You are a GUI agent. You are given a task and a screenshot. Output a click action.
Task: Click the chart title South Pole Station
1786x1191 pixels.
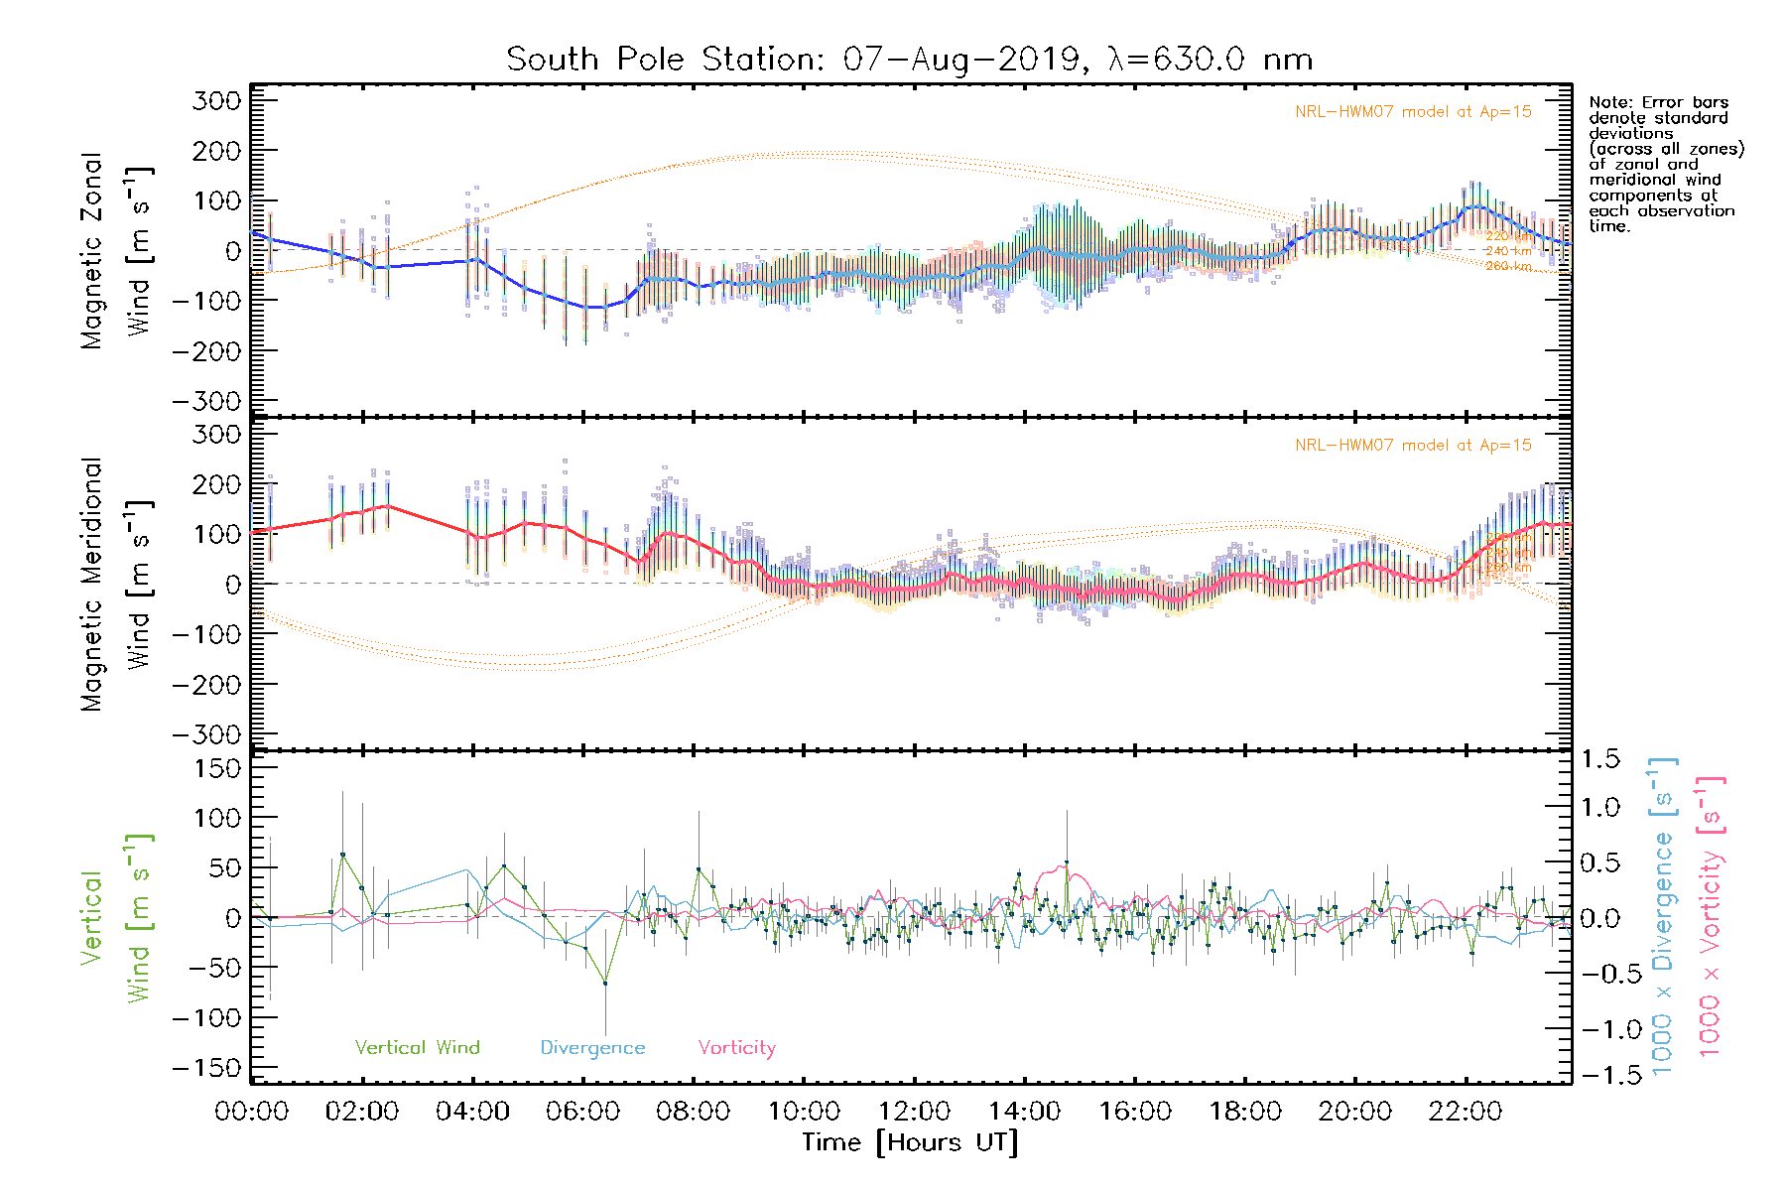point(909,60)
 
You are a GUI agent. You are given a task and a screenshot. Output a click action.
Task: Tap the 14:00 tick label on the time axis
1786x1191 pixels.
point(1024,1112)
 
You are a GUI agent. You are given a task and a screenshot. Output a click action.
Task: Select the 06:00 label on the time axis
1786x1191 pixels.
point(582,1112)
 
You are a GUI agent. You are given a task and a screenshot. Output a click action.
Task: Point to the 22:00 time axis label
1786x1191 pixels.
point(1465,1112)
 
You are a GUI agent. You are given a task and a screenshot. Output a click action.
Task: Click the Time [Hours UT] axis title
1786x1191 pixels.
point(910,1143)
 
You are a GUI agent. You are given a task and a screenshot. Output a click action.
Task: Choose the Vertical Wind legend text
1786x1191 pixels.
point(417,1048)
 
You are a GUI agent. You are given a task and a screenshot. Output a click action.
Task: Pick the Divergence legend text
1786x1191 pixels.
point(592,1048)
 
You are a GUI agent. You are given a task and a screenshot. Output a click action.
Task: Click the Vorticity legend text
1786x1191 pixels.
point(736,1048)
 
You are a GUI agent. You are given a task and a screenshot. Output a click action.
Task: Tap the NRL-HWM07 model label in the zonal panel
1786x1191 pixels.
point(1413,112)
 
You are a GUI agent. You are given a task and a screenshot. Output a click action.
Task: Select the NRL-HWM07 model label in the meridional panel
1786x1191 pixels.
point(1413,446)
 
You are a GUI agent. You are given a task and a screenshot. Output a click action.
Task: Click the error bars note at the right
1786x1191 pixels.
point(1665,164)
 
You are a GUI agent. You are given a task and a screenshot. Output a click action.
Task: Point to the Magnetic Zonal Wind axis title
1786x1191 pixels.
point(117,250)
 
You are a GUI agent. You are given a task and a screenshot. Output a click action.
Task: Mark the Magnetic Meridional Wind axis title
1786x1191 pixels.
point(117,584)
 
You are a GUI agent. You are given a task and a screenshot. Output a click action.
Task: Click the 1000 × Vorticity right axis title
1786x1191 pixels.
point(1711,917)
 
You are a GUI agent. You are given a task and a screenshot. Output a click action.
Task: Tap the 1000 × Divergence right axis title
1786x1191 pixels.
point(1663,917)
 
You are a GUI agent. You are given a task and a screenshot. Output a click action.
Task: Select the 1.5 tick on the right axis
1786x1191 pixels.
point(1599,759)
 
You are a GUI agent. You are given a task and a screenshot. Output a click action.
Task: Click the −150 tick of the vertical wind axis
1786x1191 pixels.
point(206,1068)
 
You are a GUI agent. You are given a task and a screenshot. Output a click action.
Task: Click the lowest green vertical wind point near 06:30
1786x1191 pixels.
point(605,983)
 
